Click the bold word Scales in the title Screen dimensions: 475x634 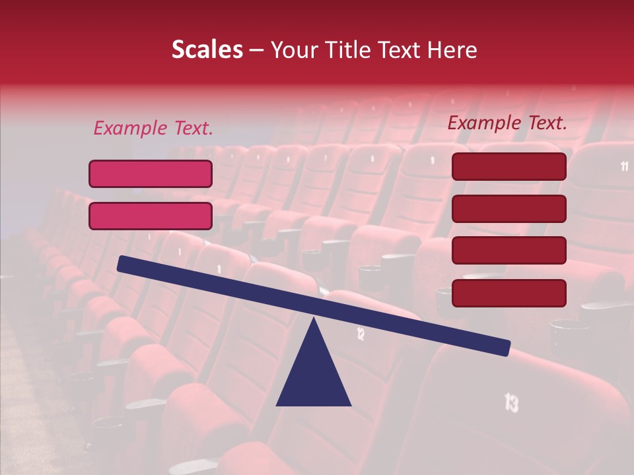point(207,49)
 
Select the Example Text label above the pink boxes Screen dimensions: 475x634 point(153,128)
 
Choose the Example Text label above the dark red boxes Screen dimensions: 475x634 point(507,123)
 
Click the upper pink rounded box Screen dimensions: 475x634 point(151,174)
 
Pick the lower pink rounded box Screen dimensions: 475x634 point(151,216)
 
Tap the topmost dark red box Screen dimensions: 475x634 point(509,166)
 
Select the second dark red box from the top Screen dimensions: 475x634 point(509,208)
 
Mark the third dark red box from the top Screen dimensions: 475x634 point(509,251)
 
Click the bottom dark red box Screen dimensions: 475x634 point(509,293)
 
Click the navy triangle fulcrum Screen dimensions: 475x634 point(314,376)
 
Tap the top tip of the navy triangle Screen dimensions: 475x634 point(314,319)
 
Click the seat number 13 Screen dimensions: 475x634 point(511,402)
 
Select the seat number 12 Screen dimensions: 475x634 point(361,334)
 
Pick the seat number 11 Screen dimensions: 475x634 point(624,166)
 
